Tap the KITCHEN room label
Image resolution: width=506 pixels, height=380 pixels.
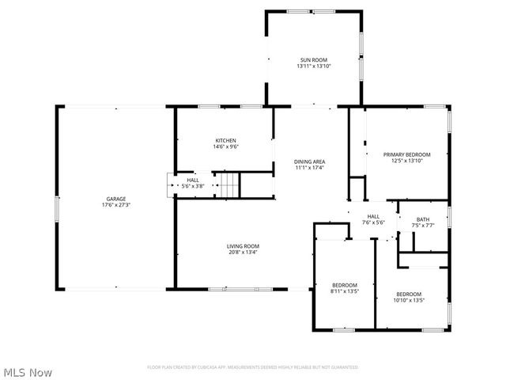(225, 140)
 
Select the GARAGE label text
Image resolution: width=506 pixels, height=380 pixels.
(116, 199)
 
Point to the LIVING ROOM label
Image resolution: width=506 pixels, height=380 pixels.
(243, 246)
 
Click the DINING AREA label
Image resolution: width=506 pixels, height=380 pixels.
(310, 161)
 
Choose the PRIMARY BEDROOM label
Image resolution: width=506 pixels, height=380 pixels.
(406, 154)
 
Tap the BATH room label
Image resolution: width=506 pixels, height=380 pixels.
(423, 219)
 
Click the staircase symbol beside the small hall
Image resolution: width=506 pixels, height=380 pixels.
(228, 186)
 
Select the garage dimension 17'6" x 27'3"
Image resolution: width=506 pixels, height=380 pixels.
(116, 205)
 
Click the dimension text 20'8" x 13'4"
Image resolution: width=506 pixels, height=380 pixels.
(243, 253)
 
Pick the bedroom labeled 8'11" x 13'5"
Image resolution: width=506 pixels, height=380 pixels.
(344, 288)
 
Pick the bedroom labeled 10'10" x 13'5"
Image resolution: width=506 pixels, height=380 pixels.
(409, 297)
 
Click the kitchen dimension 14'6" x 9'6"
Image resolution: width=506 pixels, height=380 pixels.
(225, 146)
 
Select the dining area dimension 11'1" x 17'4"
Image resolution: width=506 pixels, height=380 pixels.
(310, 168)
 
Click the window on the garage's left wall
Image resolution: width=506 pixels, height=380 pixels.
(57, 210)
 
